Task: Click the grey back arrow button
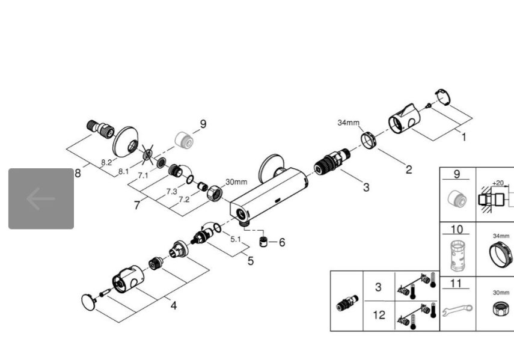[41, 198]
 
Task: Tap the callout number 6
[282, 242]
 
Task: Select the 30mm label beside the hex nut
[236, 182]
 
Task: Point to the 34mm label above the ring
[349, 123]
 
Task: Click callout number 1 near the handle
[464, 137]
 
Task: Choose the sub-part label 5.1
[236, 239]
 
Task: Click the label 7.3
[171, 192]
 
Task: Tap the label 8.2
[106, 162]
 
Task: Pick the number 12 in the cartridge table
[379, 315]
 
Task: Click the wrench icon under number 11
[457, 310]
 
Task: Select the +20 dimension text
[498, 183]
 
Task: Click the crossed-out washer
[147, 154]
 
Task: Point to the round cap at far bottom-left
[88, 302]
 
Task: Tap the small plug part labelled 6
[263, 242]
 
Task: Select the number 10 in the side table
[457, 230]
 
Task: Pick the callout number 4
[173, 306]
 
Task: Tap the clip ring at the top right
[442, 97]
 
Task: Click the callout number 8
[78, 173]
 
